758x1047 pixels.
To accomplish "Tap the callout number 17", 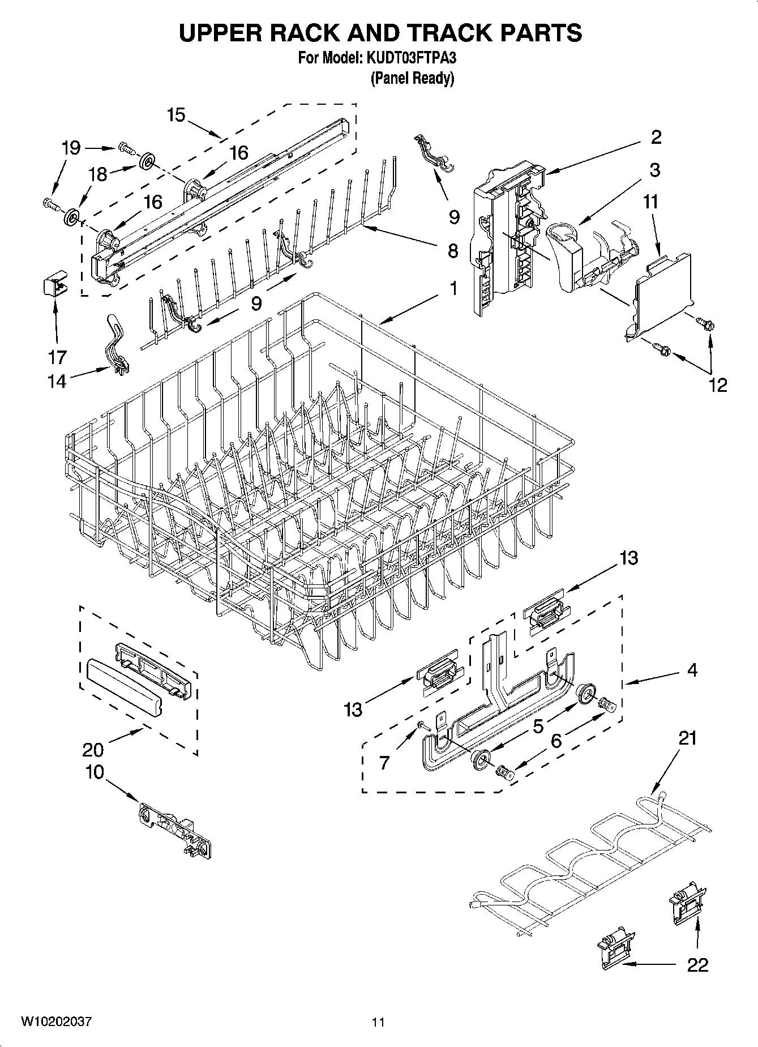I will click(57, 357).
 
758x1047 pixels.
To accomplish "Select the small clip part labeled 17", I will click(53, 285).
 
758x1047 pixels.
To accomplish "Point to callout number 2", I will click(656, 137).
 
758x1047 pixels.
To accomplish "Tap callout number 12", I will click(717, 384).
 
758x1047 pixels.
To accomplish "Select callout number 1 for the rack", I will click(453, 288).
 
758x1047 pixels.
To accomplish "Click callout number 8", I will click(453, 251).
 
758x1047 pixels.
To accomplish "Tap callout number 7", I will click(384, 763).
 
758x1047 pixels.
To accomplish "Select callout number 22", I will click(697, 964).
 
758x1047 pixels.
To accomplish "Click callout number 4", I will click(692, 670).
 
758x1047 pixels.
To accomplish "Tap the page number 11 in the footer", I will click(378, 1022).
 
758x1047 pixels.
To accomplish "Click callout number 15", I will click(176, 115).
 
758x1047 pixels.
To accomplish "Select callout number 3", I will click(654, 170).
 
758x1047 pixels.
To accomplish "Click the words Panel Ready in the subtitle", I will click(412, 78).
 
